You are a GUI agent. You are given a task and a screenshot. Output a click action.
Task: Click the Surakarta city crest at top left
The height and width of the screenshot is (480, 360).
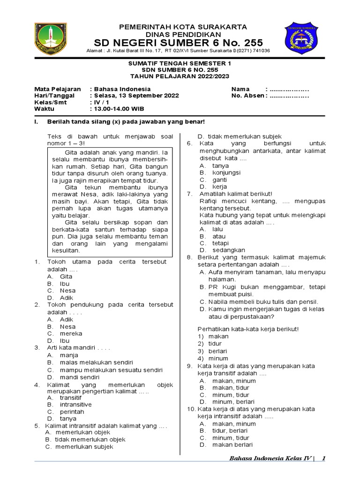[x=51, y=38]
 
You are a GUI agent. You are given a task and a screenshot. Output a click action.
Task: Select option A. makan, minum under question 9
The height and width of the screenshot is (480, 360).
[x=227, y=381]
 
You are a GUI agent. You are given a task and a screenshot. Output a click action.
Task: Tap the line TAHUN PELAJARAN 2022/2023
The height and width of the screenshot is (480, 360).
[x=180, y=76]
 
